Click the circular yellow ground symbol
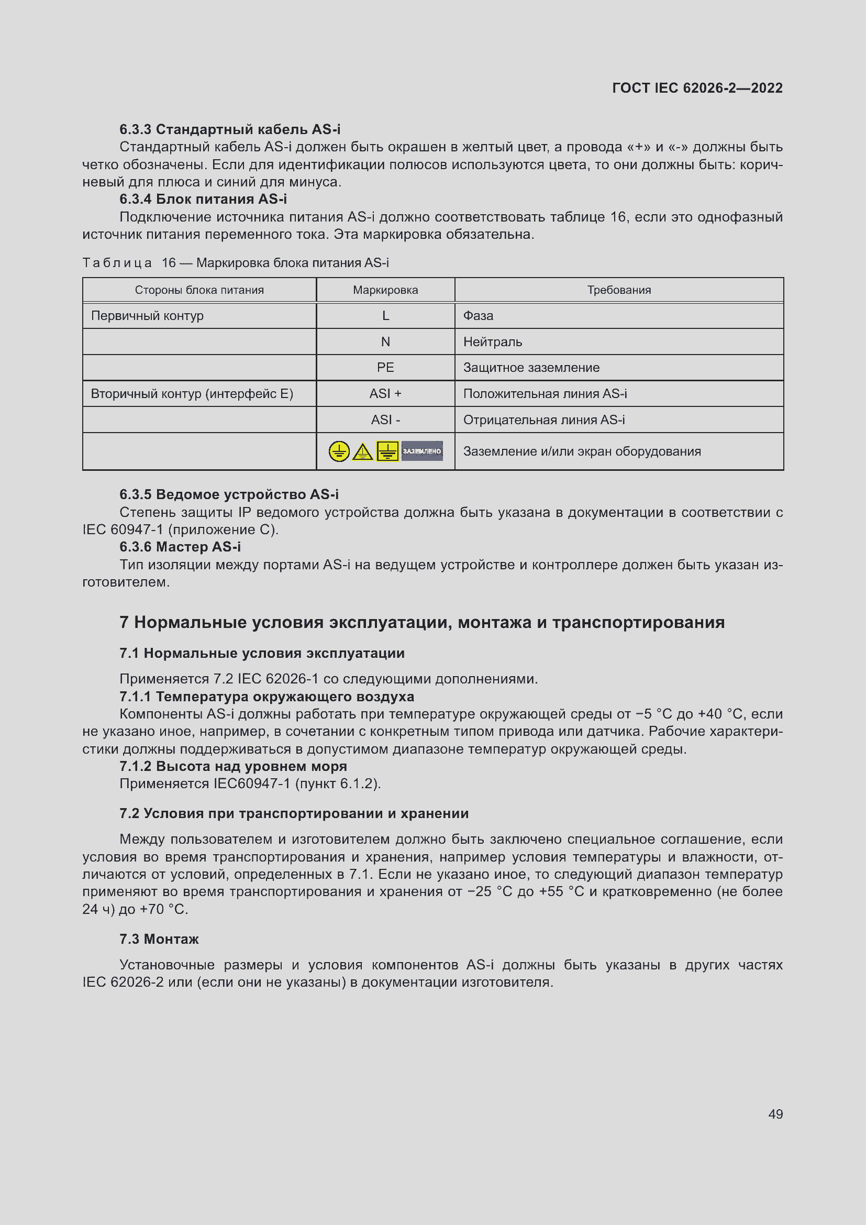(339, 451)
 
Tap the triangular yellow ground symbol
(363, 452)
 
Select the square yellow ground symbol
(387, 451)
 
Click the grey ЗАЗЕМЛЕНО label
(422, 451)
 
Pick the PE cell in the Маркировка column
(385, 368)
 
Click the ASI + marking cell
(385, 394)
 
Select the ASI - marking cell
(385, 420)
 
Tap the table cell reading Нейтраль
(492, 342)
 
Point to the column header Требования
(618, 290)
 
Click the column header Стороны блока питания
(199, 290)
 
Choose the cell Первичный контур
(147, 316)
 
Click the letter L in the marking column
(385, 316)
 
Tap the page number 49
(775, 1114)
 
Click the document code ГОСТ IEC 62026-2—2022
(697, 88)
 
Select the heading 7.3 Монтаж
(159, 939)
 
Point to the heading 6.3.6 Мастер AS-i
(180, 547)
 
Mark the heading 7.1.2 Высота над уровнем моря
(233, 766)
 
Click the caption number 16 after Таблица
(169, 263)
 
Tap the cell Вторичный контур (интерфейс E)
(192, 394)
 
